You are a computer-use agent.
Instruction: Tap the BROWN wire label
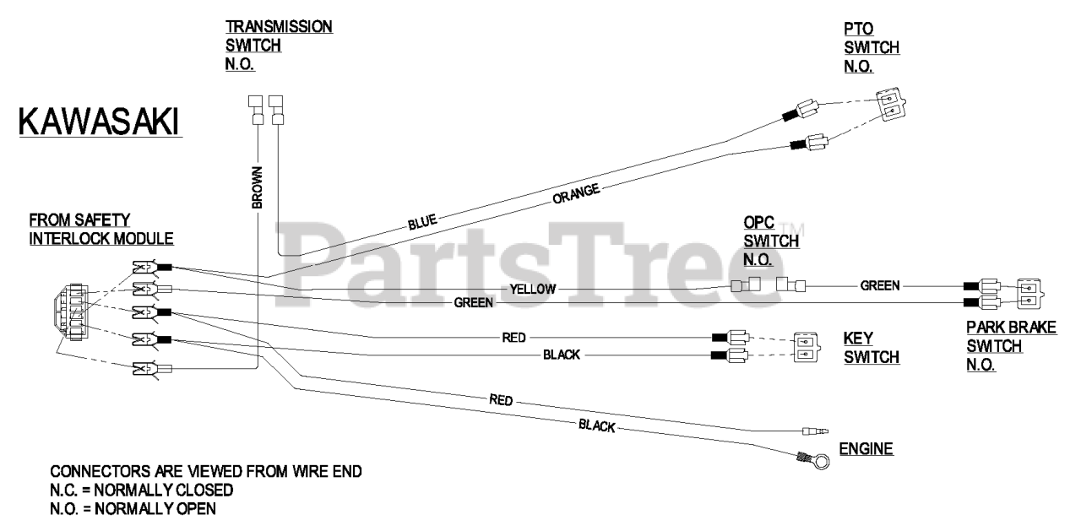click(258, 187)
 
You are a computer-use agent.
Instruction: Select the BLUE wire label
click(421, 223)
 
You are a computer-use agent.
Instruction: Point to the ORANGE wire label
click(576, 193)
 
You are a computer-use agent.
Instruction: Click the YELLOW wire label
click(533, 289)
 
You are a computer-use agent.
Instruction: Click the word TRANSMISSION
click(279, 27)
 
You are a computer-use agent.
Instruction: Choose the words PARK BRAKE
click(1012, 326)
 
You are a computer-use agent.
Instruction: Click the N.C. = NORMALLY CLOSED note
click(142, 490)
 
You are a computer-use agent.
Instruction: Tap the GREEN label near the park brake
click(880, 285)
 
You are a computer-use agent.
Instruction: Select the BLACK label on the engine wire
click(596, 426)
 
